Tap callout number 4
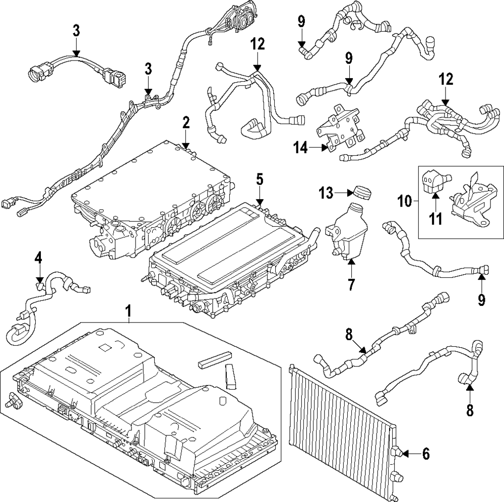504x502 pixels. pyautogui.click(x=39, y=258)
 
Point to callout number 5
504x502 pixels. pyautogui.click(x=259, y=178)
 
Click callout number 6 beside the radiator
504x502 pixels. pyautogui.click(x=426, y=454)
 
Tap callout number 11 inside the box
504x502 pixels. pyautogui.click(x=435, y=219)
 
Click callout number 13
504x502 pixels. pyautogui.click(x=326, y=192)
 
